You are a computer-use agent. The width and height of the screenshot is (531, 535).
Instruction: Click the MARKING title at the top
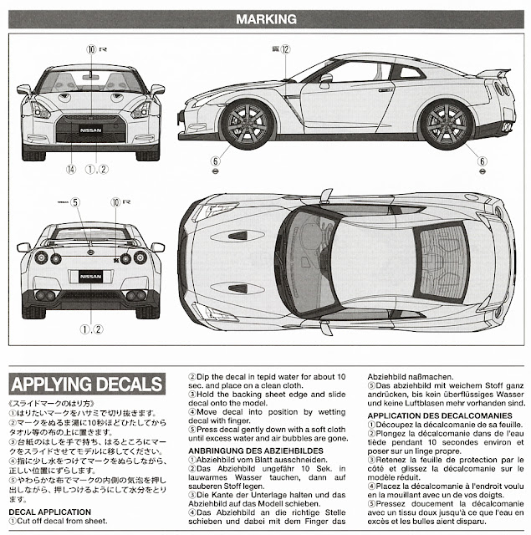(x=265, y=18)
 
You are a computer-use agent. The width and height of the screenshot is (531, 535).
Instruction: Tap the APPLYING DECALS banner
(x=86, y=385)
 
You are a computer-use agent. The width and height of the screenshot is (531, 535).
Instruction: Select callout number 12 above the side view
(x=285, y=50)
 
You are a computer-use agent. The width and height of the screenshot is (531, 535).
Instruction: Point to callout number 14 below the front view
(x=71, y=170)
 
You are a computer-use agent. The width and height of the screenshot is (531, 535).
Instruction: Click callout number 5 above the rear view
(x=74, y=202)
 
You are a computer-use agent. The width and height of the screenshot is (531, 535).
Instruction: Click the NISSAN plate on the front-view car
(x=91, y=130)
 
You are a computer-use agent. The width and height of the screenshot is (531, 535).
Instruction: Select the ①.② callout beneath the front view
(x=97, y=170)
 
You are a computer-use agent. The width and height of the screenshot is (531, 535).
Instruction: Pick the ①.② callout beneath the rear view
(x=92, y=329)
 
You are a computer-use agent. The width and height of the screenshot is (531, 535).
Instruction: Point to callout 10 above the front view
(x=91, y=49)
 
